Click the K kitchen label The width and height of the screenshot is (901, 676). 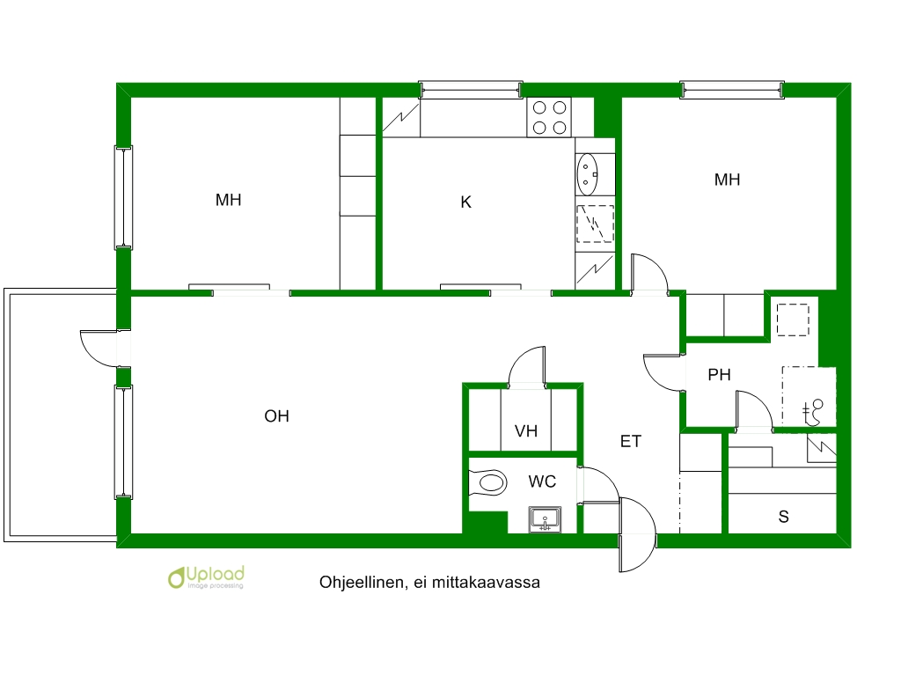coord(466,202)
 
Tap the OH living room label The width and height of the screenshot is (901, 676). coord(276,416)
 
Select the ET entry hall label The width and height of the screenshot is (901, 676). coord(630,442)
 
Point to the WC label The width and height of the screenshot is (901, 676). coord(542,481)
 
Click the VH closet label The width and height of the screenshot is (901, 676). coord(526,431)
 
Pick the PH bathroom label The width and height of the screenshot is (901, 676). coord(719,375)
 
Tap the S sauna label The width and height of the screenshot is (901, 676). coord(783,517)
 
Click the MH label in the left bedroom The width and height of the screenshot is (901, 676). coord(228,200)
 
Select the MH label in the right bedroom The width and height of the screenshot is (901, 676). coord(727,180)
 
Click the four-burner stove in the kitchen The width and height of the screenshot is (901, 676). coord(549,117)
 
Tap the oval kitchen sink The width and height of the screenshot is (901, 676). coord(587,174)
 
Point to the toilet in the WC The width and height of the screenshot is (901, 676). coord(488,481)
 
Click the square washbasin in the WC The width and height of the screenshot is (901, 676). coord(545,520)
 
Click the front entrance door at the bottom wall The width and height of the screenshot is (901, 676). coord(637,534)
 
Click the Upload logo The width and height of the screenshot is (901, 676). coord(206,577)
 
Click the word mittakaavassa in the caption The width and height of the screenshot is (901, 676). coord(486,583)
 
